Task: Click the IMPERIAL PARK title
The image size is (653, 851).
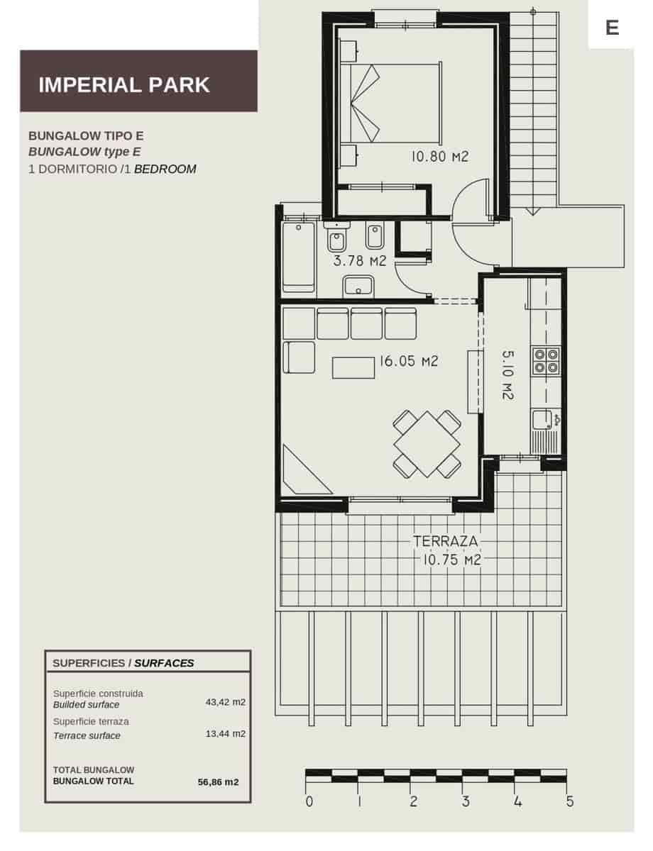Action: (124, 85)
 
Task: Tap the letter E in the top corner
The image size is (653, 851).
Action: (612, 28)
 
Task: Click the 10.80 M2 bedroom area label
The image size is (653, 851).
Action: (440, 157)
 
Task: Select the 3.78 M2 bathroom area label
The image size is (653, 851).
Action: (359, 261)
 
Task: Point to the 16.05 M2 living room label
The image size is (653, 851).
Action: (408, 361)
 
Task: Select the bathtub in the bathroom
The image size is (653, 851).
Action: (299, 256)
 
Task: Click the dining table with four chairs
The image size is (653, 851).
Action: (427, 444)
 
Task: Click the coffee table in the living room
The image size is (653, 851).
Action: (353, 367)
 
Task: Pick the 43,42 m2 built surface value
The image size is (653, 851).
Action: (225, 702)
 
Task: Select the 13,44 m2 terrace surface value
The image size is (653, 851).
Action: (225, 733)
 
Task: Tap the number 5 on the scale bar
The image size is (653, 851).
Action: (569, 802)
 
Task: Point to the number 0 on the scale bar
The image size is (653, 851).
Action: (309, 802)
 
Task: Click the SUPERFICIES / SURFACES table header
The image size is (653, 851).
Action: (123, 663)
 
